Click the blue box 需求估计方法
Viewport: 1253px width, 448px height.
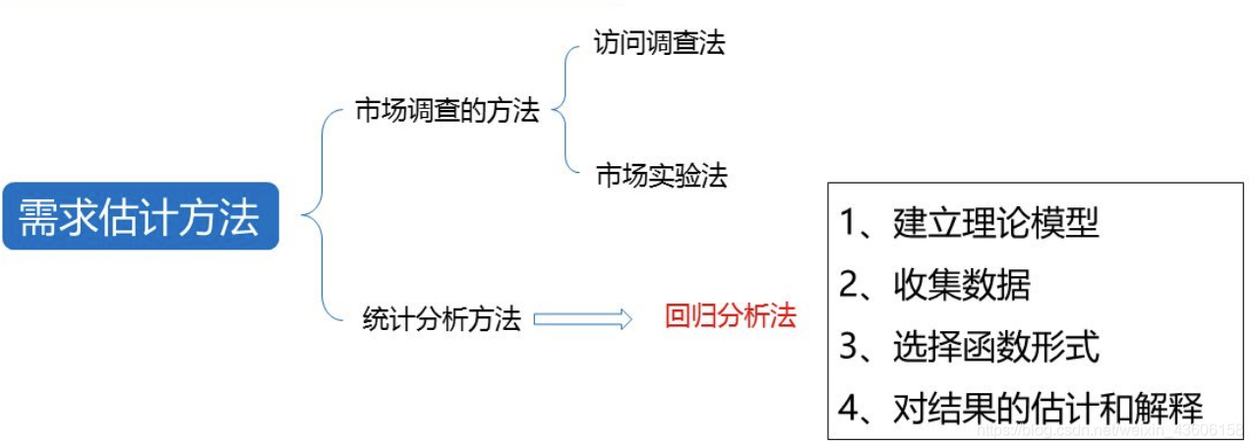[140, 216]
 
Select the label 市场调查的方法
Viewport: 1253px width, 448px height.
[447, 111]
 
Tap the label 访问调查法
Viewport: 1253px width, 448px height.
[659, 43]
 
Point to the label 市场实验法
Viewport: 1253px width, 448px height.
[661, 177]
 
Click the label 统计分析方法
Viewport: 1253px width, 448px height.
[442, 320]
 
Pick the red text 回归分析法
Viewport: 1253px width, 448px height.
[731, 316]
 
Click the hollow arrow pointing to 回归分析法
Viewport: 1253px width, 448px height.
[582, 319]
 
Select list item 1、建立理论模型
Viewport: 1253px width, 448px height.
[969, 223]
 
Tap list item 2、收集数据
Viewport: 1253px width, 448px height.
[934, 285]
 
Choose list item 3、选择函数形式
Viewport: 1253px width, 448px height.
[969, 346]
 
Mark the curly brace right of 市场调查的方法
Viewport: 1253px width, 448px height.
[565, 110]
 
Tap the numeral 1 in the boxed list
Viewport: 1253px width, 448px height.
[849, 224]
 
